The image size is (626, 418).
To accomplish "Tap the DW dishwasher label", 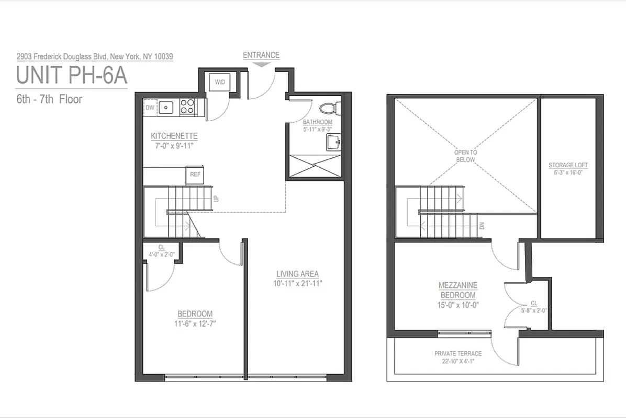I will [150, 108].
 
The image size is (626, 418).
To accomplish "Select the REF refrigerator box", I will [195, 175].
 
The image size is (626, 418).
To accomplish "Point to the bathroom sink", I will [332, 141].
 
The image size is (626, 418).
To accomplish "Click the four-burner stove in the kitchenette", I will [187, 107].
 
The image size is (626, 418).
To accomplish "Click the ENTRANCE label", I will [261, 55].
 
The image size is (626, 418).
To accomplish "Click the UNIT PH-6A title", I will [72, 75].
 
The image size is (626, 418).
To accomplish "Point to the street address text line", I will [95, 56].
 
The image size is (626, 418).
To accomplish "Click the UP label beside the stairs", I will [215, 199].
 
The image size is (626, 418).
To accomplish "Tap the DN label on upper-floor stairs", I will [482, 226].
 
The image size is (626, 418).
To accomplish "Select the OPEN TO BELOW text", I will [465, 156].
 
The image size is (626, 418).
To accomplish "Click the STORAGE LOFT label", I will [568, 165].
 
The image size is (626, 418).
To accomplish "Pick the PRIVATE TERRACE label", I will [458, 354].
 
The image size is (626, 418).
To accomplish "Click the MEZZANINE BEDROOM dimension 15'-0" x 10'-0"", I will [458, 305].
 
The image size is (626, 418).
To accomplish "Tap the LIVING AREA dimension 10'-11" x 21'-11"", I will [297, 283].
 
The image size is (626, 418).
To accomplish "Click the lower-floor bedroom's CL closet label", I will [161, 248].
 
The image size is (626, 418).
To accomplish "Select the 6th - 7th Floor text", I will [49, 99].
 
